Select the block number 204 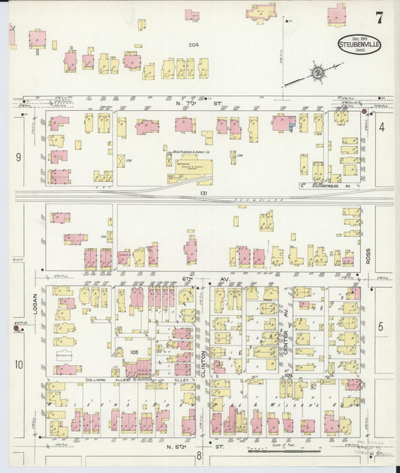(x=194, y=46)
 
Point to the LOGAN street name (x=35, y=303)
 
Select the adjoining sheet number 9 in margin (x=17, y=157)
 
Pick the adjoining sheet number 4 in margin (x=381, y=127)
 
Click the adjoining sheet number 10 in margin (x=18, y=365)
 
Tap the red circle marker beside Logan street (x=17, y=325)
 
